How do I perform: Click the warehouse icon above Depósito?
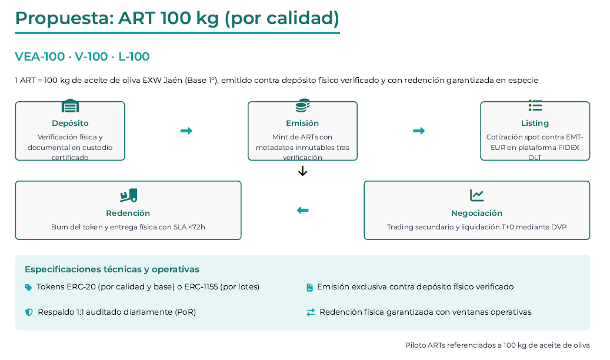[x=70, y=106]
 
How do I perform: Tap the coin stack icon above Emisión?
[x=302, y=106]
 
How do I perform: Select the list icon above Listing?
[x=535, y=106]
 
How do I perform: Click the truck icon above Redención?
[x=128, y=195]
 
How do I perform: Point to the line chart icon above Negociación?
[x=476, y=195]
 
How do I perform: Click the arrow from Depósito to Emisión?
[x=186, y=131]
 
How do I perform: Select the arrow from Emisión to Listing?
[x=419, y=131]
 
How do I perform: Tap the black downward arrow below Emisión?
[x=302, y=171]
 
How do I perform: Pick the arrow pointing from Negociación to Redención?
[x=302, y=210]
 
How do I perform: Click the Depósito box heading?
[x=70, y=124]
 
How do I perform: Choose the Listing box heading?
[x=535, y=124]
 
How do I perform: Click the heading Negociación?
[x=476, y=213]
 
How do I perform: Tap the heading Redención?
[x=128, y=213]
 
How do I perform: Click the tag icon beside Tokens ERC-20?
[x=28, y=288]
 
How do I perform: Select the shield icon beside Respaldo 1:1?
[x=29, y=312]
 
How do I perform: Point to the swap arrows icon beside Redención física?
[x=311, y=312]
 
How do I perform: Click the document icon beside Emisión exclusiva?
[x=309, y=288]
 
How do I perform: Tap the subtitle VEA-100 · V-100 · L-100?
[x=82, y=57]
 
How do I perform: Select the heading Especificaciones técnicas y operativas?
[x=112, y=269]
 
